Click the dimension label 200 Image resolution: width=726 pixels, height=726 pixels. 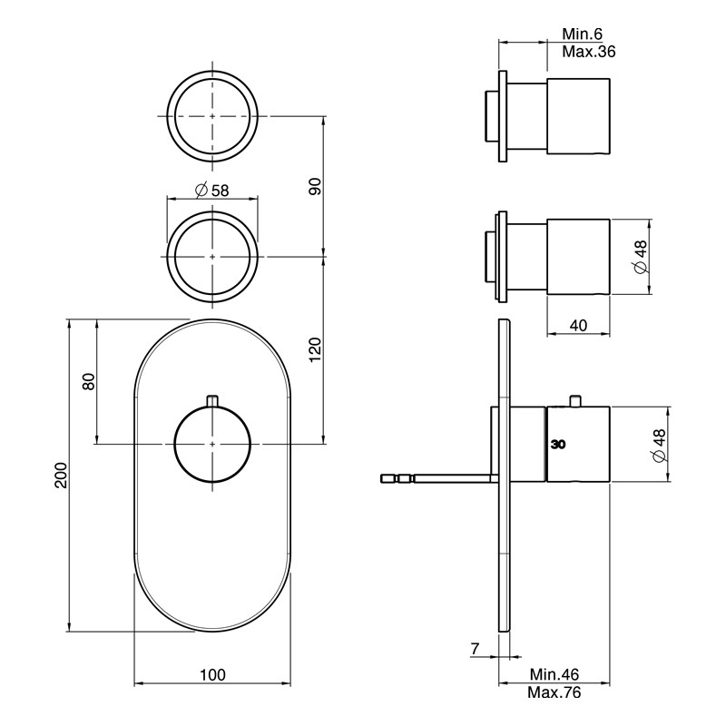coord(62,475)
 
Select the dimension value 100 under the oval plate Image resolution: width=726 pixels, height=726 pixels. coord(212,674)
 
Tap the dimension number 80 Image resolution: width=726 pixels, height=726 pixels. coord(88,381)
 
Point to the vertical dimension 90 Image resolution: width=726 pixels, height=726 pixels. coord(315,186)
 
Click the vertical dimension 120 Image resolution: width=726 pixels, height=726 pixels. coord(315,350)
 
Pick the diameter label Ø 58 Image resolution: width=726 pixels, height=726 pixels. coord(212,190)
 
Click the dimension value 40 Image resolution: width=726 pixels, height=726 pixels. coord(578,326)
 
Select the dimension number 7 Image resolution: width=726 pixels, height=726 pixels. coord(475,649)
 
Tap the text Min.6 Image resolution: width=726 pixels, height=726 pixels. coord(582,34)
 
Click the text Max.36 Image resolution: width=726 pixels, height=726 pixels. coord(589,52)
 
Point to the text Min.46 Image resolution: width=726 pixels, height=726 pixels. coord(554,674)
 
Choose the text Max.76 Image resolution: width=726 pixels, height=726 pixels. coord(554,692)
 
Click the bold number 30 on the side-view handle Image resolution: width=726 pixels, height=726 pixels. coord(558,445)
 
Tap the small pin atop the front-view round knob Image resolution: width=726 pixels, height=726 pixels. coord(212,400)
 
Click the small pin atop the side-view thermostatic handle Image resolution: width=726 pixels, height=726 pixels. coord(575,401)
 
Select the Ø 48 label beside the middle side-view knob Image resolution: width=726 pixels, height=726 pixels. coord(641,257)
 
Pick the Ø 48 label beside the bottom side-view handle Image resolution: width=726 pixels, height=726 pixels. coord(659,445)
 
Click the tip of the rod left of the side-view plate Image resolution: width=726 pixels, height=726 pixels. coord(381,479)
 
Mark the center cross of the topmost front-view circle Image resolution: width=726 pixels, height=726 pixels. coord(212,116)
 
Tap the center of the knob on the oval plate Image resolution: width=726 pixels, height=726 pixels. coord(212,445)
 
